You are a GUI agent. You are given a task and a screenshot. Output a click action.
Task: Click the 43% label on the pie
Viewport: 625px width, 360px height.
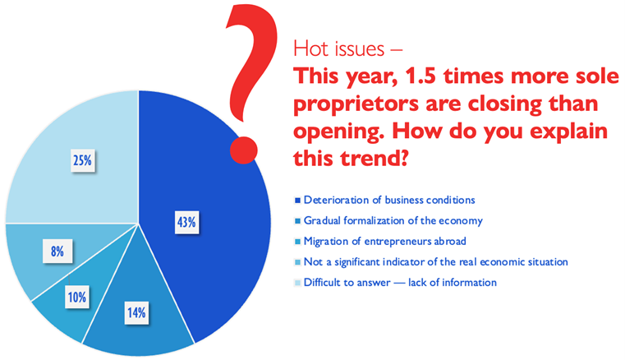(x=186, y=222)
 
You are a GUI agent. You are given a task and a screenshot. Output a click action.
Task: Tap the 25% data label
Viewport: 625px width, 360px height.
(x=82, y=160)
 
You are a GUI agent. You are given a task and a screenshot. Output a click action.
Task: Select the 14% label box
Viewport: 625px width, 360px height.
(x=136, y=312)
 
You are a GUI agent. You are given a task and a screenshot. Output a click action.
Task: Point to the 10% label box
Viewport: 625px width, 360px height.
(x=77, y=297)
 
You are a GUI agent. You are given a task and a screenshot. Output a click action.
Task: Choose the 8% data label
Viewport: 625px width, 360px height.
(x=57, y=251)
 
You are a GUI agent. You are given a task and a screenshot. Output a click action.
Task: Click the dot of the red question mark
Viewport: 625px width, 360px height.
(x=244, y=150)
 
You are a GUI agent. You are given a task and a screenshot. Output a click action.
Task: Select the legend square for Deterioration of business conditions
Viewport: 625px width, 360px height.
(x=297, y=201)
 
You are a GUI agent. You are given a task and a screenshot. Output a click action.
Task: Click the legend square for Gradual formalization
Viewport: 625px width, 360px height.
(x=297, y=221)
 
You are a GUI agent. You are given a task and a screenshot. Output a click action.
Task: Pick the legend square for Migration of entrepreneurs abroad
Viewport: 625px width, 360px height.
(x=297, y=242)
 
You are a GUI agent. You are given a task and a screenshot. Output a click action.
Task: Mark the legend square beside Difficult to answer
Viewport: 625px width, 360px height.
(x=297, y=283)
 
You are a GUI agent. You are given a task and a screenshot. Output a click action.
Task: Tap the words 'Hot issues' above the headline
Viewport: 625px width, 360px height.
(x=339, y=49)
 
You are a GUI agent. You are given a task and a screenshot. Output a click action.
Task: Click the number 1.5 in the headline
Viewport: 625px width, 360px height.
(x=420, y=76)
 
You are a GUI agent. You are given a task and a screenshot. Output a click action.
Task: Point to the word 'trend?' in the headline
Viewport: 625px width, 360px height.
(x=375, y=158)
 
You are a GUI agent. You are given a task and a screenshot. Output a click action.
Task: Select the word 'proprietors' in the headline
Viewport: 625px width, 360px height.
(x=356, y=104)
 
